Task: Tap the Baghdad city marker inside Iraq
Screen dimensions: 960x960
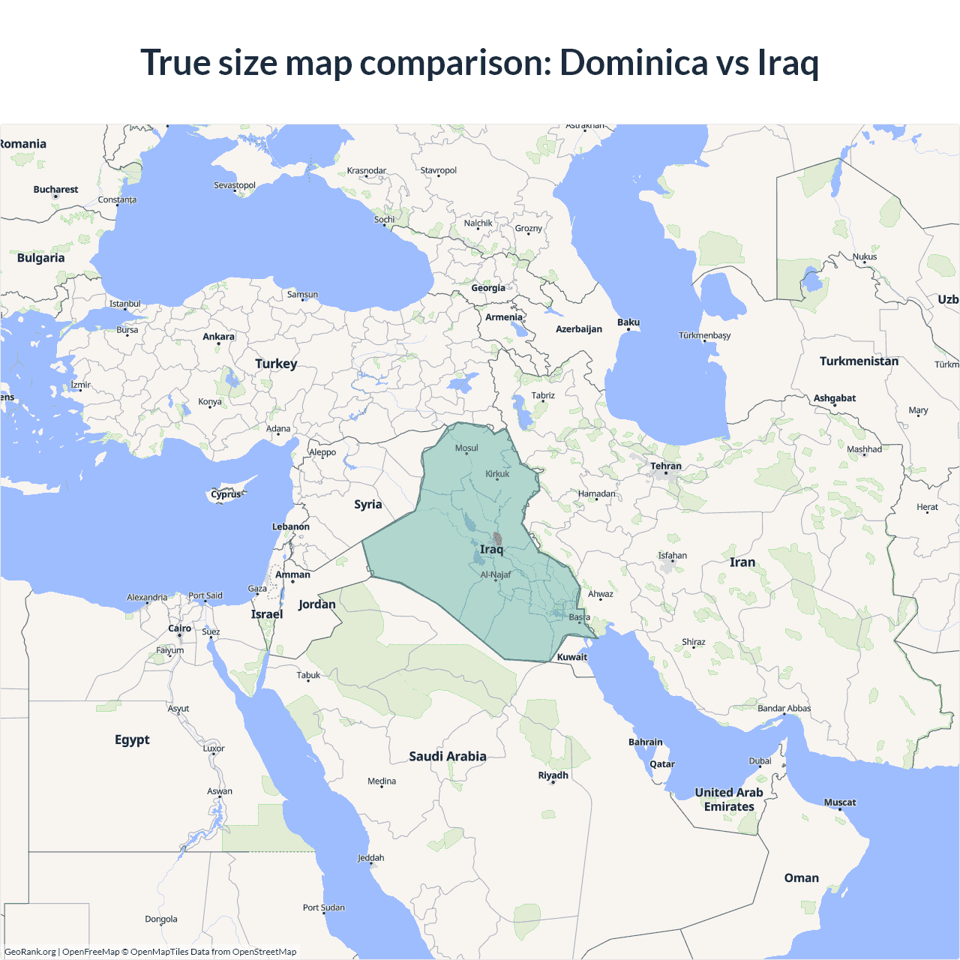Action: click(x=497, y=538)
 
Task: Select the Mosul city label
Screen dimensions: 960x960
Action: click(x=466, y=448)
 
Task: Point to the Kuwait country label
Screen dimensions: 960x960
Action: click(x=572, y=657)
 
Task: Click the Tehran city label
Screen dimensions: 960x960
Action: click(x=666, y=466)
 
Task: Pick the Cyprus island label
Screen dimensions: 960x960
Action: click(x=226, y=494)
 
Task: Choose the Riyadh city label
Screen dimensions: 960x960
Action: click(x=553, y=775)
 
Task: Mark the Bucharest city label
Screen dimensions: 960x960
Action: click(x=55, y=190)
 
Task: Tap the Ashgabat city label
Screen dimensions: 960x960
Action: click(x=835, y=398)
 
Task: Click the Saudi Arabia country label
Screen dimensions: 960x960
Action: click(x=448, y=756)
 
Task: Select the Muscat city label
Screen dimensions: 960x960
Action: click(x=840, y=802)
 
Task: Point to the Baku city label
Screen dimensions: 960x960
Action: click(x=628, y=322)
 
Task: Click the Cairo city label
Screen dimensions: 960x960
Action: click(x=179, y=628)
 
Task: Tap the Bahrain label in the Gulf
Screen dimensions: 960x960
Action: click(x=646, y=742)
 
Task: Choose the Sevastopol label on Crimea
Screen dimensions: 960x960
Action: click(x=235, y=185)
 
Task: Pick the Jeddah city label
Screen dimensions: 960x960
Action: click(x=370, y=858)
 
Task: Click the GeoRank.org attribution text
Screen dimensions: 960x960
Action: click(x=30, y=952)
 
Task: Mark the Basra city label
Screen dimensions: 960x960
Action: click(x=579, y=617)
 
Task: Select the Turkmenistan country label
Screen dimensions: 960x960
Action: click(x=859, y=361)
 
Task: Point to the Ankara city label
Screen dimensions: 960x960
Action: click(x=218, y=337)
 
